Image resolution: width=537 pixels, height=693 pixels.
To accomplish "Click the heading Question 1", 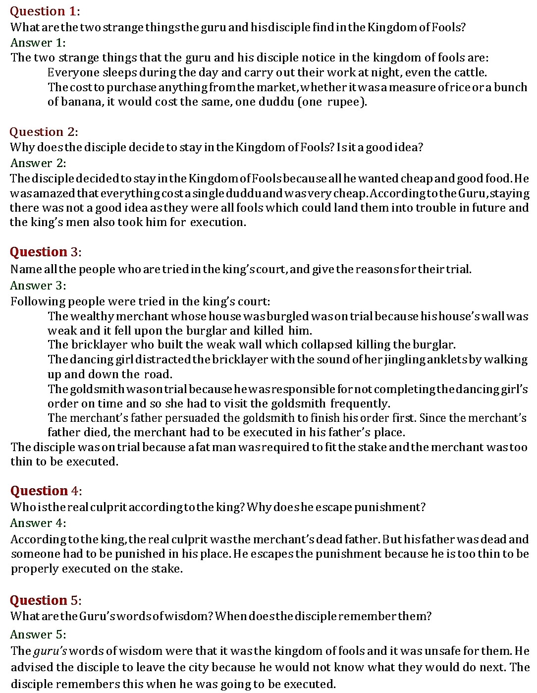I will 44,11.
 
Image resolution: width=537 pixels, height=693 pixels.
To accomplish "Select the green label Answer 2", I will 38,163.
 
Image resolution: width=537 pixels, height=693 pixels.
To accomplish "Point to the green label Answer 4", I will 38,523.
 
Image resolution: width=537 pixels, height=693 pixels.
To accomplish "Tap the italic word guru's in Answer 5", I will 50,651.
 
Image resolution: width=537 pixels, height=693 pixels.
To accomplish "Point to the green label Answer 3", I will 38,286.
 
